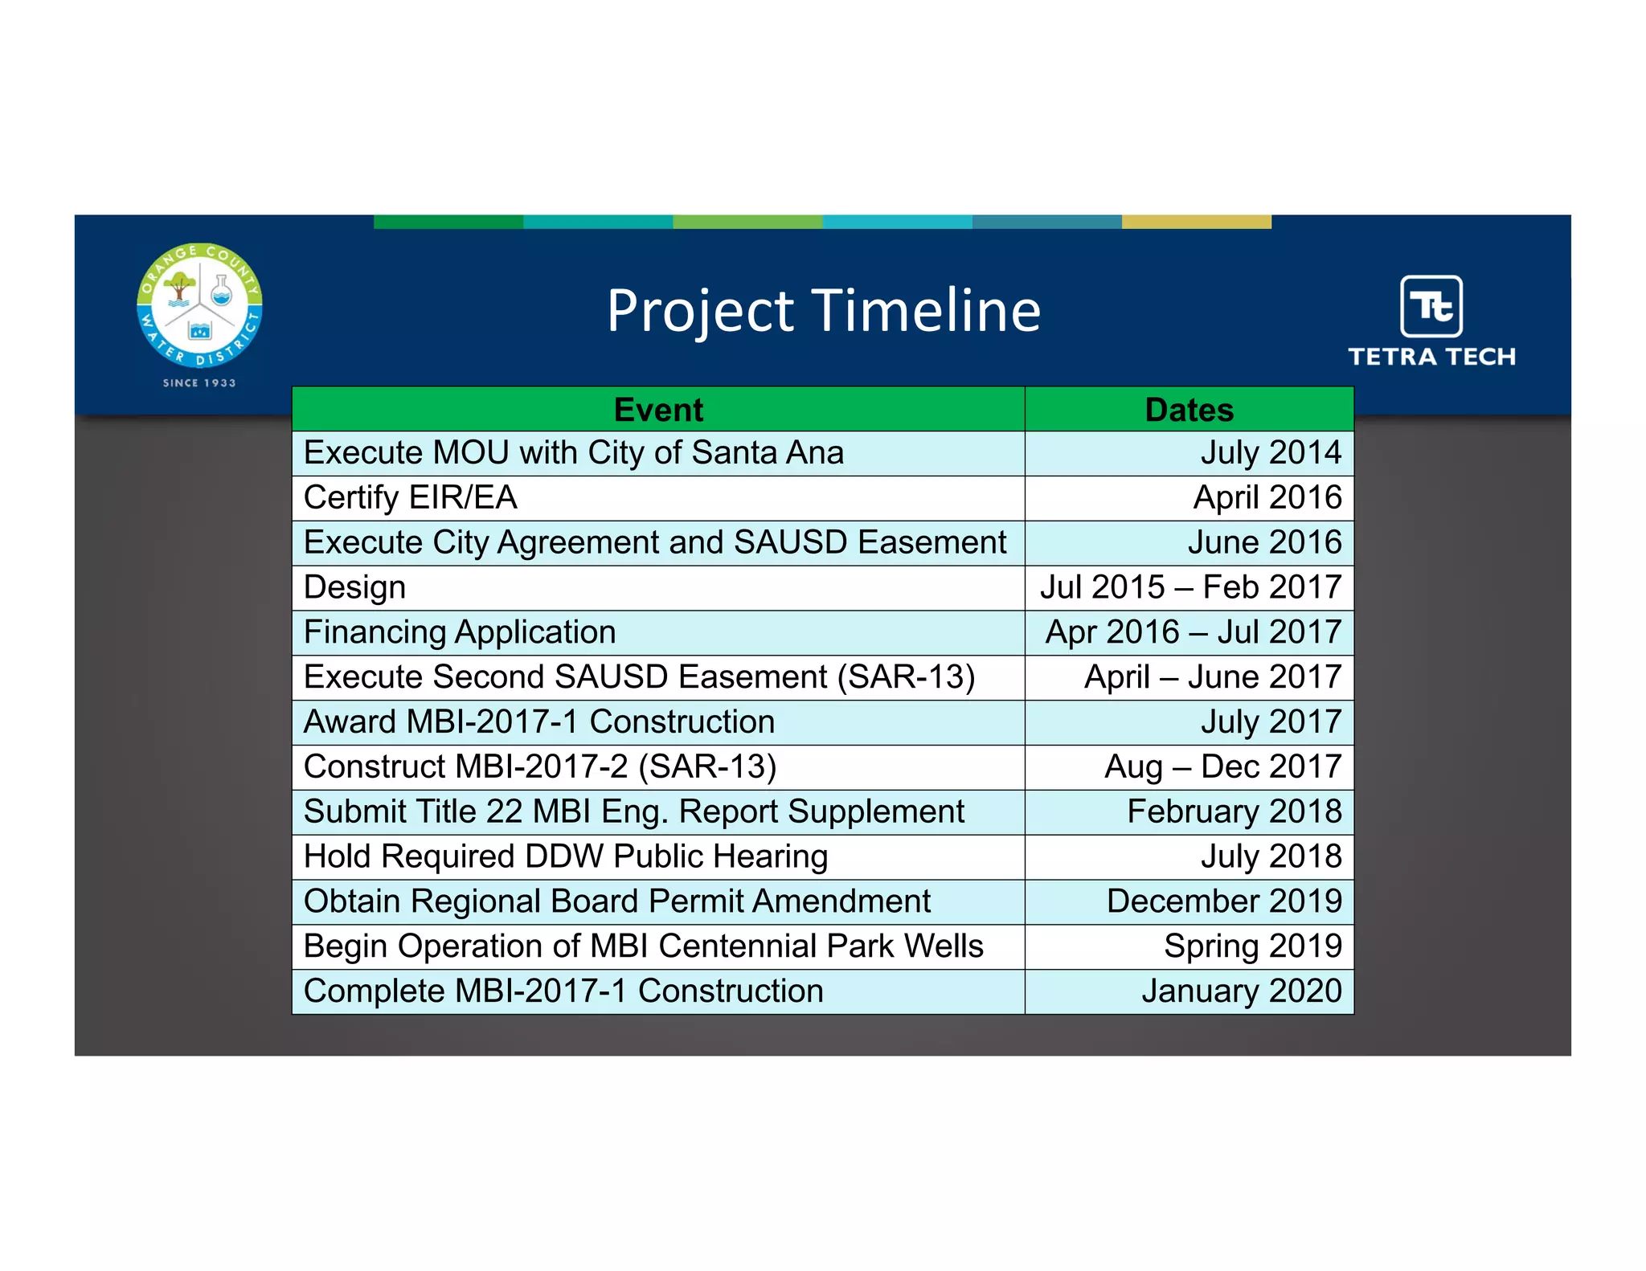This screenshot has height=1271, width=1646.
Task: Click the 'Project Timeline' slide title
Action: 823,311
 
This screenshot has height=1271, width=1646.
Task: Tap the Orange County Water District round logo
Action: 199,305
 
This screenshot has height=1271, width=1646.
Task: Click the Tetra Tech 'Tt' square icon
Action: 1431,306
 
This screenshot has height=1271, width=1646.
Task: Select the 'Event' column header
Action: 657,410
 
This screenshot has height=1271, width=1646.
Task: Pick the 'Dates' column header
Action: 1189,410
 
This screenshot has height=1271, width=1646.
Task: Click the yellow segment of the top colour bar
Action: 1196,222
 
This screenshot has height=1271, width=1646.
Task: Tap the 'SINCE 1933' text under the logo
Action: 199,383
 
